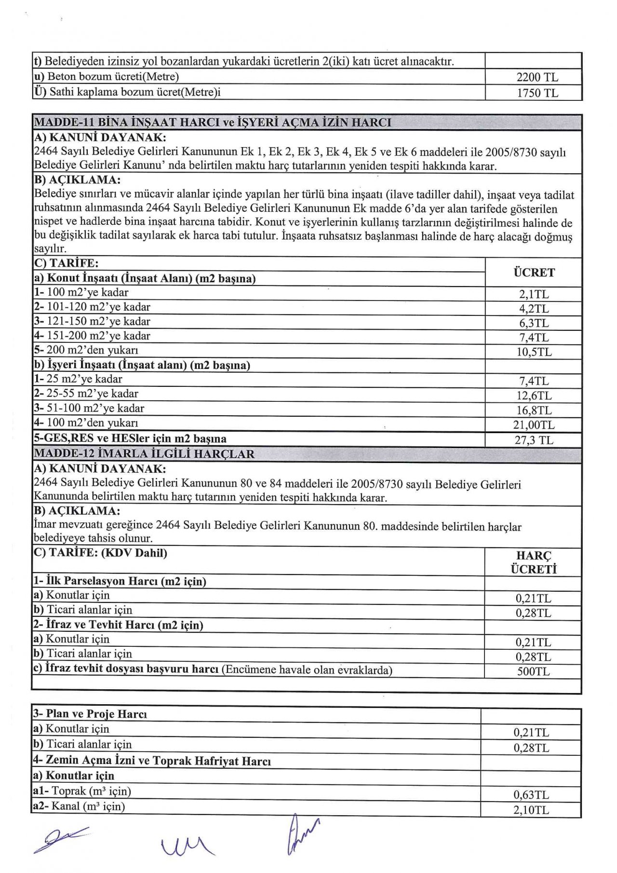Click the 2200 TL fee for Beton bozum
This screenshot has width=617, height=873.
point(537,77)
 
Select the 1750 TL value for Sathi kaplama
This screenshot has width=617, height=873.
point(537,93)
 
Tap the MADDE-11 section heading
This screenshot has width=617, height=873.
point(213,123)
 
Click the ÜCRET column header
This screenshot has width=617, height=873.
point(534,273)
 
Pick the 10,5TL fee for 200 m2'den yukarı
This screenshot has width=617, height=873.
point(534,352)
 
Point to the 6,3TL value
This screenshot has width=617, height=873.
point(534,323)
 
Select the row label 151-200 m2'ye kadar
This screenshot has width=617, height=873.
point(92,336)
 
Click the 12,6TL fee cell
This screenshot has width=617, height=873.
point(534,396)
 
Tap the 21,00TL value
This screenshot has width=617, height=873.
point(534,425)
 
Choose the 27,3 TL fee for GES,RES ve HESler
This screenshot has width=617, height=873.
point(534,440)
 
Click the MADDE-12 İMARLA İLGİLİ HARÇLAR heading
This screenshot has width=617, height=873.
point(144,454)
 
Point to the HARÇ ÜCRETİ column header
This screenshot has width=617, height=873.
point(534,562)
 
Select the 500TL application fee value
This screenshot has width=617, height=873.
point(533,671)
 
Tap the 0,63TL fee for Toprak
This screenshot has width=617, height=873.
point(531,795)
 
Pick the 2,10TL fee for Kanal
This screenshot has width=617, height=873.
point(531,810)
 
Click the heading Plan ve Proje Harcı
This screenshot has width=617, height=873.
point(90,714)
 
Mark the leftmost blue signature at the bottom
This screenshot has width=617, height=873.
point(60,839)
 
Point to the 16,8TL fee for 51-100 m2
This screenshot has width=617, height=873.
point(534,410)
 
